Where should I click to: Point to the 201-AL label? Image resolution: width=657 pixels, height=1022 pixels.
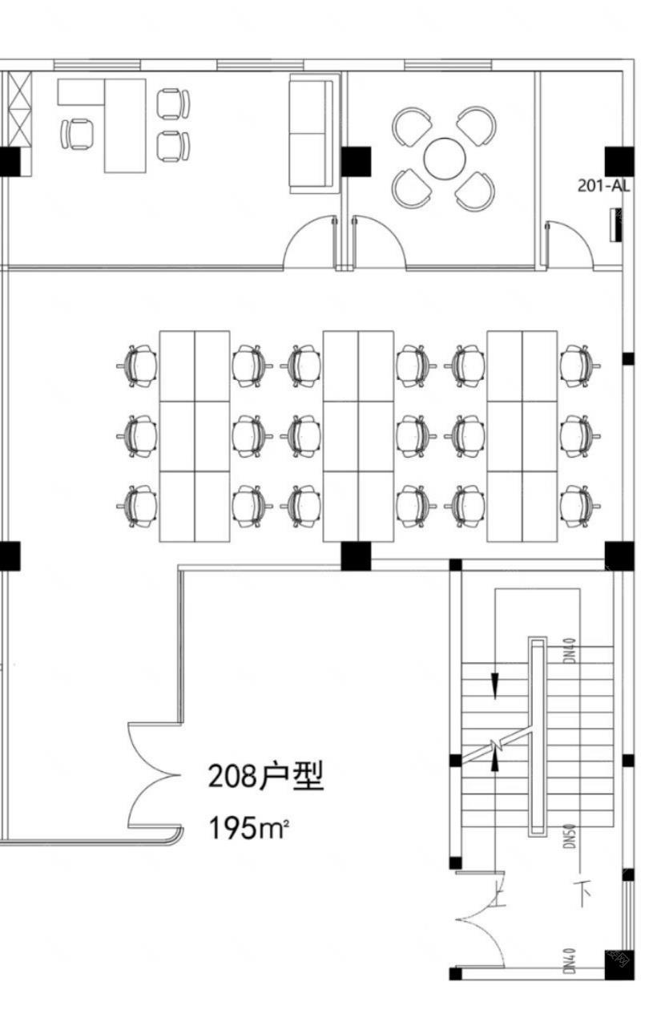603,186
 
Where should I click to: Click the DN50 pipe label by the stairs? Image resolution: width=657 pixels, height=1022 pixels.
570,834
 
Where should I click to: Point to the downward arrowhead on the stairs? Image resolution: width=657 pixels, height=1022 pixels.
495,685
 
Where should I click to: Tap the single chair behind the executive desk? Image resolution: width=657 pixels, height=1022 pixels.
79,133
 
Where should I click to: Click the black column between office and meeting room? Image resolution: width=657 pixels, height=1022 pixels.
357,161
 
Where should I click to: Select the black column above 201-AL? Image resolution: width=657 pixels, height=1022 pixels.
619,161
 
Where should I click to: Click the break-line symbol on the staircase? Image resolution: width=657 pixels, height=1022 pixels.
499,746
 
